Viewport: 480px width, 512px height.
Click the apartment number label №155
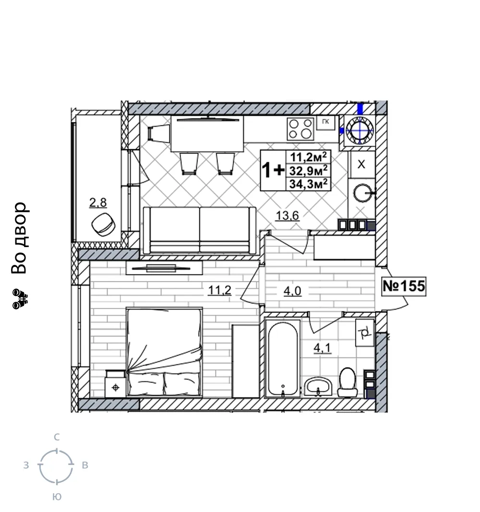404,286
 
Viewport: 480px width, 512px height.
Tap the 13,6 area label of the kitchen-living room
288,215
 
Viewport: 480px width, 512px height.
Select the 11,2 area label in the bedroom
220,290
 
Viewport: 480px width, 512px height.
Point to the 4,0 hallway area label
292,291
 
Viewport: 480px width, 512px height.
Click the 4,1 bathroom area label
322,348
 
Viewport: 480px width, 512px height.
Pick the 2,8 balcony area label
98,203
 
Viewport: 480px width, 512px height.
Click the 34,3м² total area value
308,184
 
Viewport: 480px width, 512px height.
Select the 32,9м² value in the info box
308,170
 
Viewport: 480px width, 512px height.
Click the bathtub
283,358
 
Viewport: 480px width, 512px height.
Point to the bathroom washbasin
318,387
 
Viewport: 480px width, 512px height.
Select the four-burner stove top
300,129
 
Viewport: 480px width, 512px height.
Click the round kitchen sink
362,192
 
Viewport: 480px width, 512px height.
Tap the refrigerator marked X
361,164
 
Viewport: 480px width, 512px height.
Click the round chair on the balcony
104,224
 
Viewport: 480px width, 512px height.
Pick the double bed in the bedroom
164,352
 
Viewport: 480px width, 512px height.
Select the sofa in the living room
200,230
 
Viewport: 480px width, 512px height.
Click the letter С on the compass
57,437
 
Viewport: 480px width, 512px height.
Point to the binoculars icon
20,299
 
